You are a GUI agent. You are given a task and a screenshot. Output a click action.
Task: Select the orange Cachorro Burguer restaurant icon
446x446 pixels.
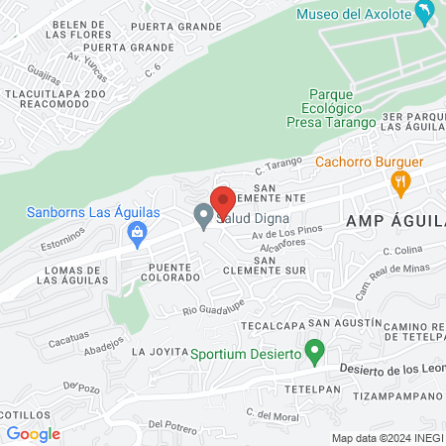(400, 180)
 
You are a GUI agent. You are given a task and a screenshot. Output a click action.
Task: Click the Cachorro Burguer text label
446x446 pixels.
(370, 162)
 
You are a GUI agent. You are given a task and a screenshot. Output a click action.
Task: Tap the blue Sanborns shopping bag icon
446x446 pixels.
(137, 234)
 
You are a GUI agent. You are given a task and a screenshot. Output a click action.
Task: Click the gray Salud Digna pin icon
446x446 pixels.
(203, 215)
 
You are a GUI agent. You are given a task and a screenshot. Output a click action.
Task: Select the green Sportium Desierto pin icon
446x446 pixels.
(315, 350)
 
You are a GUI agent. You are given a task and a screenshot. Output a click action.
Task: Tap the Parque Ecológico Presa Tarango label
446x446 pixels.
(330, 107)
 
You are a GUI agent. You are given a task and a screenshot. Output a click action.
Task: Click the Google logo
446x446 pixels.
(33, 433)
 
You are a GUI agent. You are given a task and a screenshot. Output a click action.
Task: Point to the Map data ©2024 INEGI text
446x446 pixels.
(387, 437)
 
